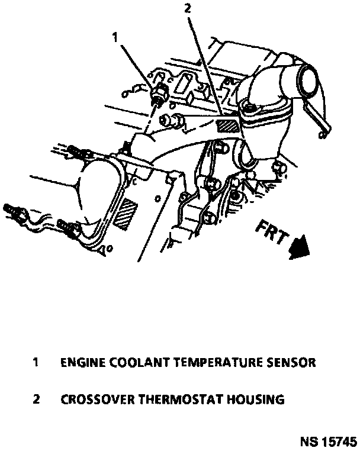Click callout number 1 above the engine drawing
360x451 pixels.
115,38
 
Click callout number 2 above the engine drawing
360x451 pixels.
188,9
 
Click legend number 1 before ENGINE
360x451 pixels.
36,362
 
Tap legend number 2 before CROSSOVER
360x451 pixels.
36,400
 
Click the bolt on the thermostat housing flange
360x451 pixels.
246,108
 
